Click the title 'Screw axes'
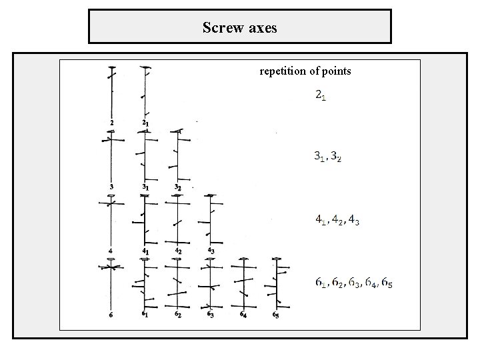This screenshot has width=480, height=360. point(239,27)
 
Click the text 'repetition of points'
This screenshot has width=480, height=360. point(305,71)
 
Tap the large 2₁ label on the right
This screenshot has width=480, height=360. point(321,96)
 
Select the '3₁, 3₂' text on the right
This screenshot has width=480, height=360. point(328,157)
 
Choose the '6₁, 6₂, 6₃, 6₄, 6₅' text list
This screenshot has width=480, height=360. point(354,282)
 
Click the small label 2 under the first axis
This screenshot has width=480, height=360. point(111,123)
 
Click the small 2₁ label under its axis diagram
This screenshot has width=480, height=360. point(145,123)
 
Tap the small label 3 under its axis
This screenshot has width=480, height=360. point(111,187)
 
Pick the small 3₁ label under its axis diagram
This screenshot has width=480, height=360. point(145,187)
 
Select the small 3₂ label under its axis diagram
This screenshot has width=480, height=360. point(177,187)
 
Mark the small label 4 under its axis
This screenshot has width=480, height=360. point(111,251)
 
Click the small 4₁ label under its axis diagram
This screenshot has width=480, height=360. point(145,251)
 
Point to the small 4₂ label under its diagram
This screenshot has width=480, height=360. point(178,251)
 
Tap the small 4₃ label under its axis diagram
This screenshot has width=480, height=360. point(211,251)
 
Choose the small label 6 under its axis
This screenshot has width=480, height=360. point(111,315)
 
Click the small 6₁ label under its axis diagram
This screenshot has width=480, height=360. point(145,314)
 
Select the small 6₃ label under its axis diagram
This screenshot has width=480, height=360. point(210,314)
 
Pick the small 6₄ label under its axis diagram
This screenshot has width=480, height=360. point(243,315)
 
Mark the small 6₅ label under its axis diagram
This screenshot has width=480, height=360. point(275,314)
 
